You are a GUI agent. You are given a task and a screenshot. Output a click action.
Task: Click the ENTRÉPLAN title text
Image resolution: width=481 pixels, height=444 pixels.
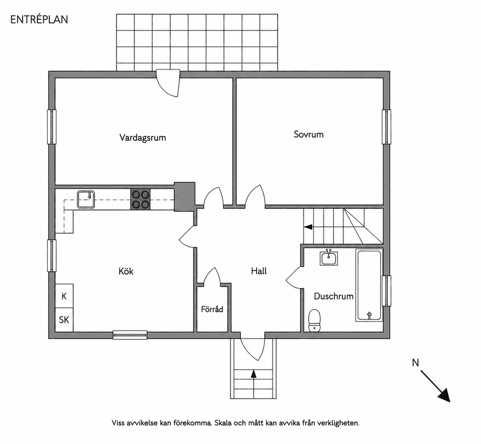click(x=39, y=19)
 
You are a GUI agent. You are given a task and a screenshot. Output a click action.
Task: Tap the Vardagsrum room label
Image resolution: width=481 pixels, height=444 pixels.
click(x=143, y=137)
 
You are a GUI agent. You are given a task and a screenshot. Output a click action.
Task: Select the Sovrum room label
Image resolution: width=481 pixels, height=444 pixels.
click(x=309, y=134)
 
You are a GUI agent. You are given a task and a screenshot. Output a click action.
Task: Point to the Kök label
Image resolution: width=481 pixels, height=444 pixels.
click(x=126, y=271)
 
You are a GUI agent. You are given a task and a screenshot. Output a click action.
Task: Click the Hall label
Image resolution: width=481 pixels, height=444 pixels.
click(x=259, y=271)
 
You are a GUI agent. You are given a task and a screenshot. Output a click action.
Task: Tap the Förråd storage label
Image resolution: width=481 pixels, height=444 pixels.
click(x=212, y=309)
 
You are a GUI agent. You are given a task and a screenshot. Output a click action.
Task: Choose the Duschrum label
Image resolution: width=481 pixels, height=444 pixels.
click(x=334, y=296)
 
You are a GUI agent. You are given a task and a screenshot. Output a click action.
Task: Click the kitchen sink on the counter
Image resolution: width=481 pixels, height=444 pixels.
click(x=86, y=199)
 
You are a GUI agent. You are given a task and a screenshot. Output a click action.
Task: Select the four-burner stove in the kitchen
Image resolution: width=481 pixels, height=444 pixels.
click(x=140, y=199)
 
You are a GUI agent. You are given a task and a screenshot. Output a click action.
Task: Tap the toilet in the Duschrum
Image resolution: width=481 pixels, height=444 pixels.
click(x=314, y=320)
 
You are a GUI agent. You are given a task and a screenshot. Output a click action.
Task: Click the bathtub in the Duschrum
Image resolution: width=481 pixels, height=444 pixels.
click(x=369, y=285)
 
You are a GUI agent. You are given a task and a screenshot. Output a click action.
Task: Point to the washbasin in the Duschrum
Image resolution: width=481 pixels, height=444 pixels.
click(x=329, y=258)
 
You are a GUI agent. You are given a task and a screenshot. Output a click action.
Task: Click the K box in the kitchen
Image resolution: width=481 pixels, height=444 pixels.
click(x=64, y=296)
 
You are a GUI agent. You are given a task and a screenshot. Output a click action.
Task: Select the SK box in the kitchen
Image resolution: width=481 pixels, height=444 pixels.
click(x=64, y=320)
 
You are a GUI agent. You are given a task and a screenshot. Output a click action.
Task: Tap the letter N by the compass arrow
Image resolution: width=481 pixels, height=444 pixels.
click(x=415, y=363)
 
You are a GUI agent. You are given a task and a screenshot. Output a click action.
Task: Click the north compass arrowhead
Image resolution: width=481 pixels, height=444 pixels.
click(x=444, y=396)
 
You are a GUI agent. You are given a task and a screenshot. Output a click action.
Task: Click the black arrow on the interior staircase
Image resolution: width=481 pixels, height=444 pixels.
click(x=308, y=227)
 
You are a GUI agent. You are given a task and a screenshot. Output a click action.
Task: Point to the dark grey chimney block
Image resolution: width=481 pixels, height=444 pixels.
click(x=184, y=196)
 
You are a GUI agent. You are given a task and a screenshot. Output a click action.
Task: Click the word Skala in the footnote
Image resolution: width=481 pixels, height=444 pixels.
click(x=223, y=423)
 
